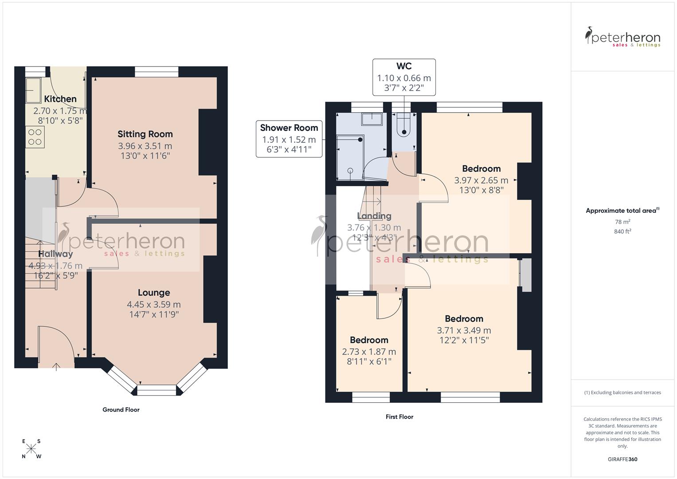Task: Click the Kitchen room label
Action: point(60,99)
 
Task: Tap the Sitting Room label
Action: point(145,134)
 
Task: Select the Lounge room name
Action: point(153,293)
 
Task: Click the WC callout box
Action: point(404,77)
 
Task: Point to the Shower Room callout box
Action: point(289,139)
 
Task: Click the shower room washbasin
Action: point(372,119)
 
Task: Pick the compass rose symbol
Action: point(31,449)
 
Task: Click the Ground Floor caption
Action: point(121,410)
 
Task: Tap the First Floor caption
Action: point(399,417)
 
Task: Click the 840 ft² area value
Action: point(622,232)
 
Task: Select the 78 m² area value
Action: point(622,222)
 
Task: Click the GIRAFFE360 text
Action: point(622,459)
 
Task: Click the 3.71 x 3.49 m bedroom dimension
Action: point(464,330)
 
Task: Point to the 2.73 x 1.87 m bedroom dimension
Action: point(369,352)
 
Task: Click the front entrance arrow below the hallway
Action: point(56,366)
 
